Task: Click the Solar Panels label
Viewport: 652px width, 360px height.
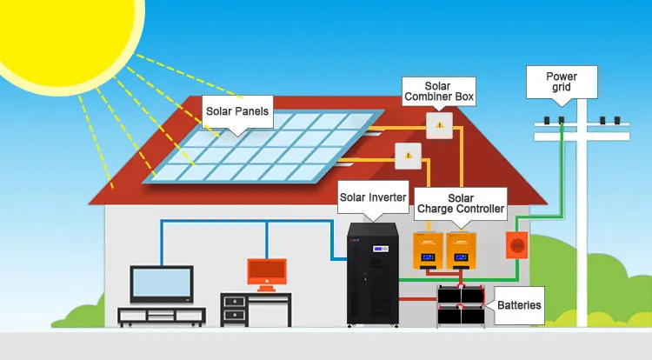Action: coord(237,111)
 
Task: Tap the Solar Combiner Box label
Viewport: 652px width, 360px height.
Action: coord(438,91)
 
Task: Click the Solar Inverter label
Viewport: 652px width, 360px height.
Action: coord(372,197)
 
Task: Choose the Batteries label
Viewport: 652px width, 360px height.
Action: coord(519,305)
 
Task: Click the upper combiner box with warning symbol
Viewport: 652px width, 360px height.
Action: coord(440,126)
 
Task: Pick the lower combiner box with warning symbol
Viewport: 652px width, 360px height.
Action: coord(408,157)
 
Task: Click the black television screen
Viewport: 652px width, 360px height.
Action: coord(161,283)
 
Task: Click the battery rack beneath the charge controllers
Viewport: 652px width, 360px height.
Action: coord(462,306)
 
